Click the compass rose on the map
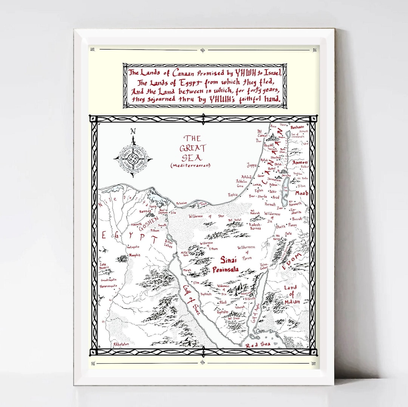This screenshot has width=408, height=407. click(133, 157)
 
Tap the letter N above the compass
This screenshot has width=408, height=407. click(133, 131)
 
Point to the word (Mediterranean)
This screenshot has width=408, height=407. click(190, 165)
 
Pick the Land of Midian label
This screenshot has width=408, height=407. click(292, 294)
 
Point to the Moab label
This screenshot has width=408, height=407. click(301, 193)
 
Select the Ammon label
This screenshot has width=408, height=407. click(300, 162)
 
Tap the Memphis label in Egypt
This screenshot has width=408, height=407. click(134, 255)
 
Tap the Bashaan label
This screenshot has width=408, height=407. click(298, 128)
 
